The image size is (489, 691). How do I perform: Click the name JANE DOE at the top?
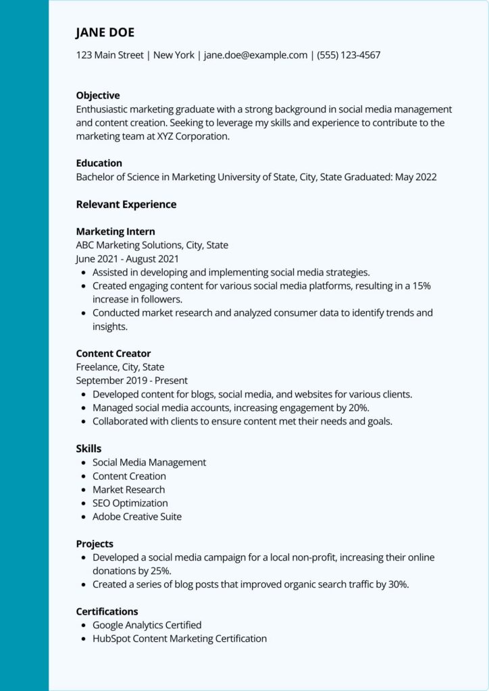click(x=105, y=32)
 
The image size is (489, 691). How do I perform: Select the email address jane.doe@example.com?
click(x=255, y=55)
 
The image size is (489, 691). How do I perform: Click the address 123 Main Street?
click(x=109, y=55)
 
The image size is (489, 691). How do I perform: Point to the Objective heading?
click(x=98, y=96)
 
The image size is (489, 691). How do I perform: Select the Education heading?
click(x=99, y=163)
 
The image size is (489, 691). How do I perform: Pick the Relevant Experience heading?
click(x=126, y=204)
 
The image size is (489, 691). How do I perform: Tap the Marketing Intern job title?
click(x=115, y=231)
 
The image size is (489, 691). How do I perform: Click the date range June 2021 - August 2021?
click(x=127, y=258)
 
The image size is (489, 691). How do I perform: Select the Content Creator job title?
click(x=113, y=354)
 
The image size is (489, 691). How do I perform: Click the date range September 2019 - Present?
click(x=132, y=381)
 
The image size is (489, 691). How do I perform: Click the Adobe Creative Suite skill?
click(x=137, y=516)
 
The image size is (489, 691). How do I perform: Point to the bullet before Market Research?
click(x=83, y=490)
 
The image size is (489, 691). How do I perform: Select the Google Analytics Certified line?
click(x=147, y=625)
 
